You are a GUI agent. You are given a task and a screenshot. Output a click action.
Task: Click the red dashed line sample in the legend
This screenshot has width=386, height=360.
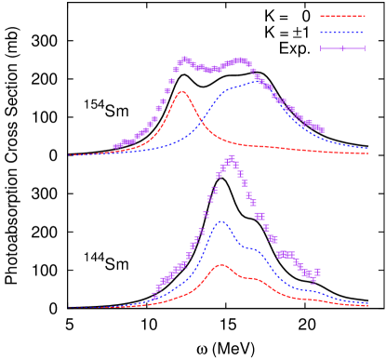[x=342, y=16]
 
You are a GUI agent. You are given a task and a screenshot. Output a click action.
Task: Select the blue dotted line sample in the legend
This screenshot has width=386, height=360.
[x=342, y=33]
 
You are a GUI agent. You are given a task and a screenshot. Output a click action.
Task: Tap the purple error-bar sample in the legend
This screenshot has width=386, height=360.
[x=342, y=48]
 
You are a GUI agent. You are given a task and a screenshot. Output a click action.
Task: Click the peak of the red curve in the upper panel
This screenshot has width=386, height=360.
[x=181, y=91]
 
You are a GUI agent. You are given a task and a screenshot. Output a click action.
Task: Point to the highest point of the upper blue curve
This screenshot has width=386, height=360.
[x=258, y=83]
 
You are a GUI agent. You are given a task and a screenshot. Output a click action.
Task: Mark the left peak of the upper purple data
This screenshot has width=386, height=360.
[x=184, y=60]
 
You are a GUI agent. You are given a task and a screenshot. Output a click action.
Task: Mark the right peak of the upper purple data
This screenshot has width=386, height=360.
[x=241, y=60]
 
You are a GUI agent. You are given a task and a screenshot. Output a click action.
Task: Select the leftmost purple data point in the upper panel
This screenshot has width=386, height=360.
[x=115, y=146]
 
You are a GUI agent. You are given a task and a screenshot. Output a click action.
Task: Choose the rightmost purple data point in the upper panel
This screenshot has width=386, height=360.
[x=321, y=129]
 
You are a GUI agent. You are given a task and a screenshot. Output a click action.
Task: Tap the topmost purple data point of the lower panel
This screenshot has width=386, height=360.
[x=230, y=158]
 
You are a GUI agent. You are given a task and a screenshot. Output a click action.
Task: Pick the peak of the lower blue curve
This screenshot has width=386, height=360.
[x=221, y=221]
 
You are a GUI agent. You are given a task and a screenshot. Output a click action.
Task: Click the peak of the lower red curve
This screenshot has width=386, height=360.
[x=221, y=265]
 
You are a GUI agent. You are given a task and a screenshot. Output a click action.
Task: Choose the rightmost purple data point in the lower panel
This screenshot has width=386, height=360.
[x=317, y=273]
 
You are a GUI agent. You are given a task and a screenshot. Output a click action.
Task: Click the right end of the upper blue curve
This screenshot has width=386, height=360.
[x=368, y=148]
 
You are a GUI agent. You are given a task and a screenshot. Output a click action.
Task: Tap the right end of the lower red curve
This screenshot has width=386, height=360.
[x=368, y=305]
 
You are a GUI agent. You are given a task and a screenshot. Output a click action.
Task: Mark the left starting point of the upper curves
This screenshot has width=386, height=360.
[x=68, y=154]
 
